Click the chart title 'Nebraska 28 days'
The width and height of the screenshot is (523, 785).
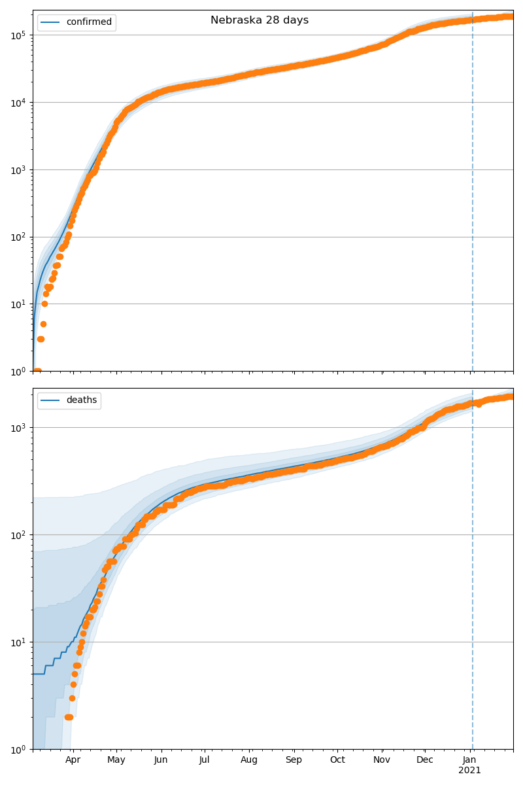tap(260, 20)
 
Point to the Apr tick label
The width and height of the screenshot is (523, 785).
tap(73, 759)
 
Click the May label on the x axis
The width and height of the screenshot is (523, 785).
tap(116, 759)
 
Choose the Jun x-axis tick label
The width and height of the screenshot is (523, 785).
tap(161, 759)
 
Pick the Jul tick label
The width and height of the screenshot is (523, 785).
tap(204, 759)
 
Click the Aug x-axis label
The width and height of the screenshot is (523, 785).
tap(249, 759)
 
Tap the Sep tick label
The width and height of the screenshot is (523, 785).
tap(294, 759)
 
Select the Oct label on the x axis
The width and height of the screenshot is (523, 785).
tap(337, 759)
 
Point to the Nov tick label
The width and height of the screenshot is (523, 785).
tap(382, 759)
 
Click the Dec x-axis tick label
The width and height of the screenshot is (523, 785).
tap(425, 759)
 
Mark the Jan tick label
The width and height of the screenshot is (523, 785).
tap(469, 759)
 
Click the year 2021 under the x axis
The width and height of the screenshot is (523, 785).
tap(469, 770)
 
